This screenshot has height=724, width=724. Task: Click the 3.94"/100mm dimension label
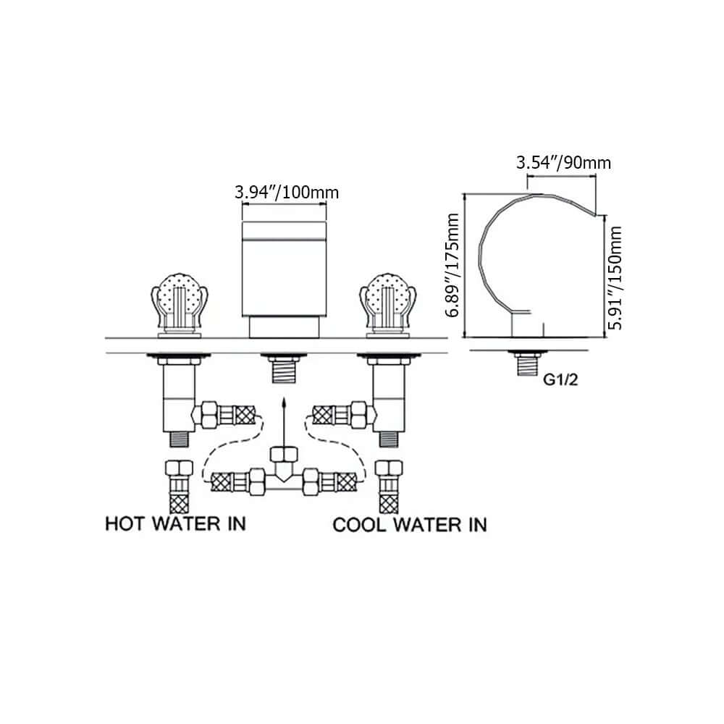(287, 193)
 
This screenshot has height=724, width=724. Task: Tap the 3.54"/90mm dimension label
(563, 162)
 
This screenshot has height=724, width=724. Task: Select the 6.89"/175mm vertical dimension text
(453, 266)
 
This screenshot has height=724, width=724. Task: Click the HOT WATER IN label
(175, 523)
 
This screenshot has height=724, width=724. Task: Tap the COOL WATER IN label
(409, 523)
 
